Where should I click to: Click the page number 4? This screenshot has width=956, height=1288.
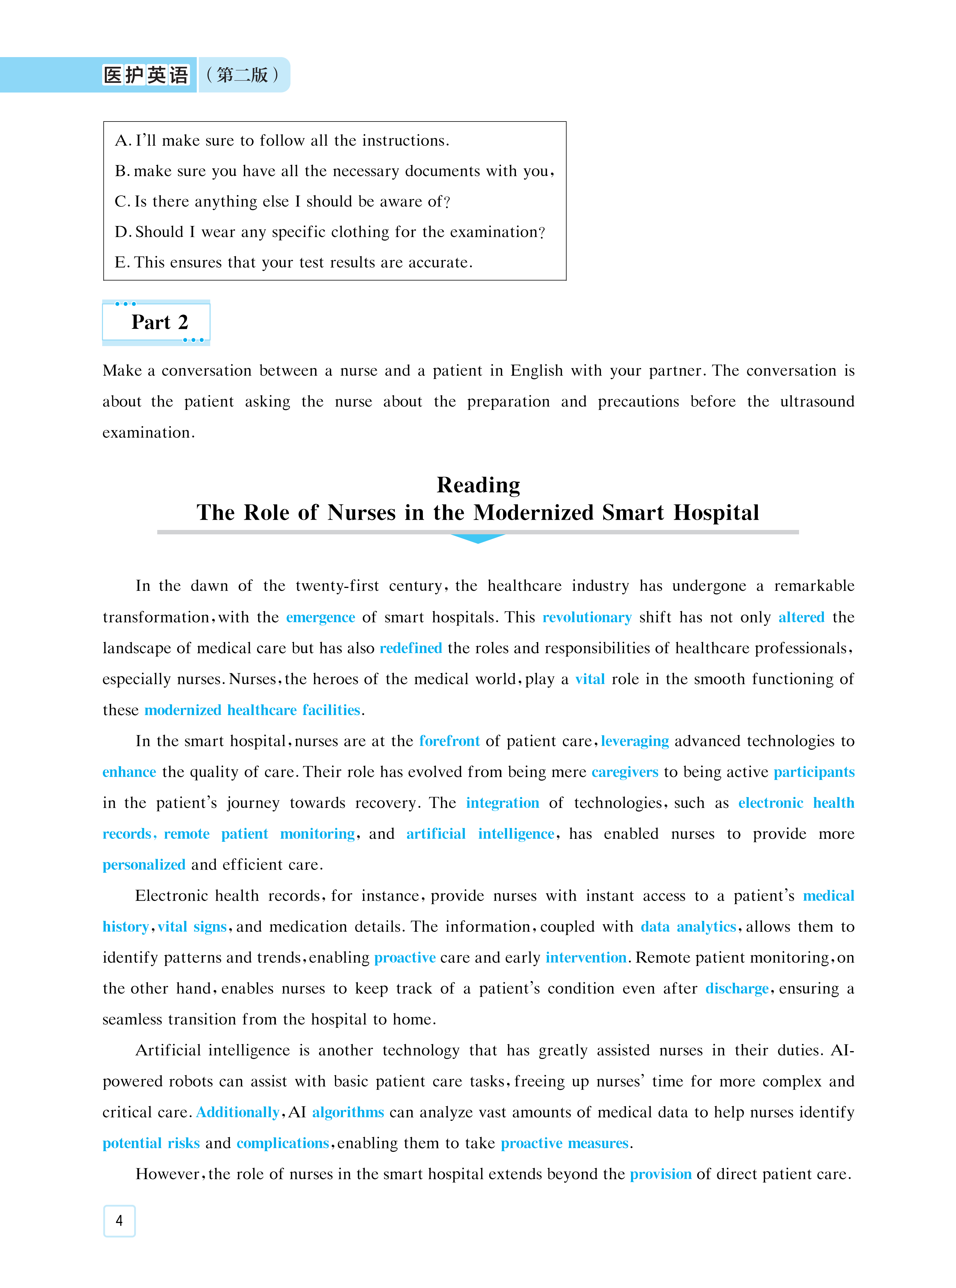[119, 1220]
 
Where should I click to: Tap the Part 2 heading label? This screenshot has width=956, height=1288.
[159, 322]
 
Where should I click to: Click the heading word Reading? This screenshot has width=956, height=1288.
[478, 485]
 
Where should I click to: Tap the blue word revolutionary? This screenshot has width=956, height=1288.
[587, 618]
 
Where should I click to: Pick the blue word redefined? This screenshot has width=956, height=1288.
[411, 648]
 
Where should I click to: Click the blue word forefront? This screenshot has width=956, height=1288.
[449, 741]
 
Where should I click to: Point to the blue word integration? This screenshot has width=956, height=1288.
[502, 803]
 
